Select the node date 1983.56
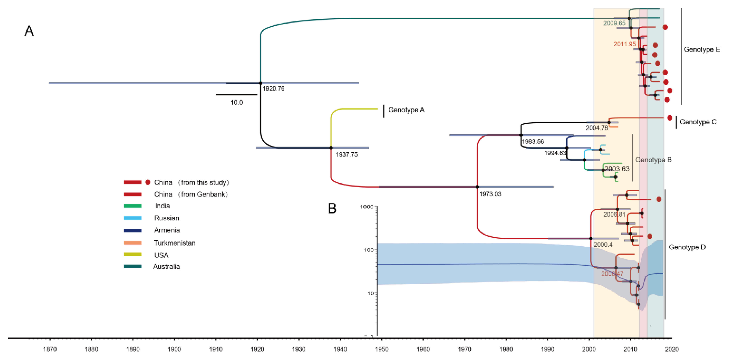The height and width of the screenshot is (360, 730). tap(533, 142)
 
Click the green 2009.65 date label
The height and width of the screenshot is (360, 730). tap(614, 23)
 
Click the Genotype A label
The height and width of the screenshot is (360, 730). tap(406, 110)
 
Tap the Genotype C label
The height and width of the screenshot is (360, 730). tap(698, 122)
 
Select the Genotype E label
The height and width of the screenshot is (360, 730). tap(702, 50)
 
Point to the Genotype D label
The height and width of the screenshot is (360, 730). tap(687, 247)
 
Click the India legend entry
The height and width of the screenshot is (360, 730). tap(162, 206)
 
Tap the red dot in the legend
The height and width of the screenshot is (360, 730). tap(148, 182)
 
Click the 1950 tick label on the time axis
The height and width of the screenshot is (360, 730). tap(382, 349)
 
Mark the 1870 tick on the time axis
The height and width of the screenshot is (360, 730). tap(50, 349)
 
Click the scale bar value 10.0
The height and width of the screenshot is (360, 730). tap(236, 103)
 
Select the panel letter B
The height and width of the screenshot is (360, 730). tap(332, 209)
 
